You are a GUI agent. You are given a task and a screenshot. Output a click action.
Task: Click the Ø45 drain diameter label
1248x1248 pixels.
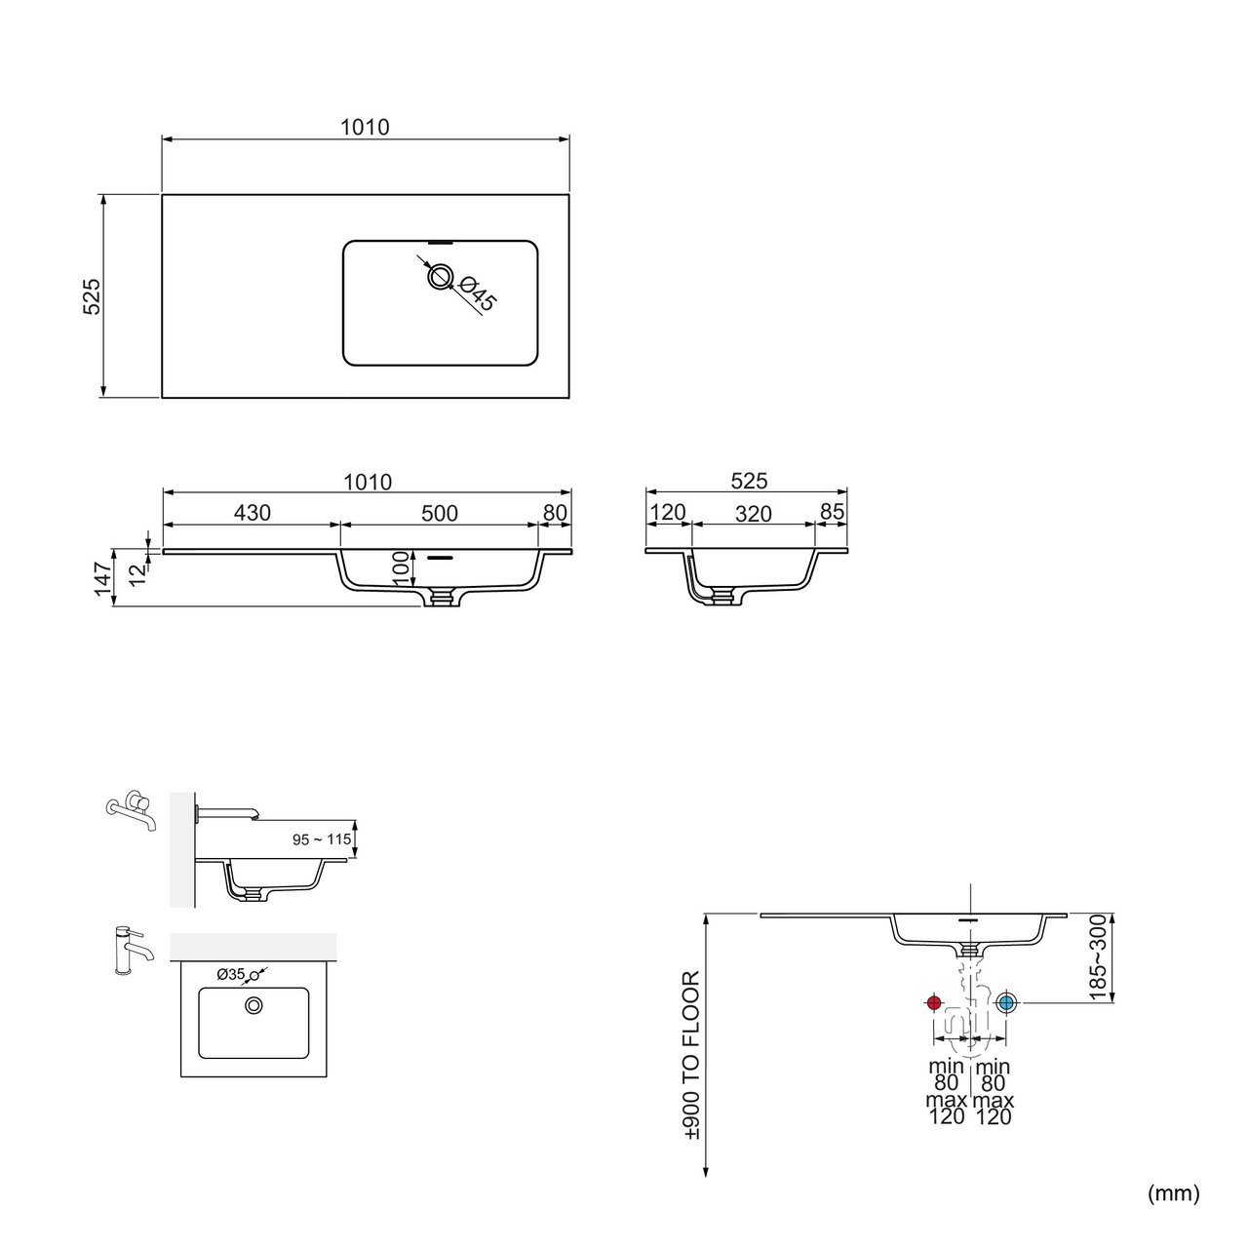click(x=478, y=294)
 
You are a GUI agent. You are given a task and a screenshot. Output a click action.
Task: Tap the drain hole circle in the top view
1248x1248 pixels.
click(x=441, y=277)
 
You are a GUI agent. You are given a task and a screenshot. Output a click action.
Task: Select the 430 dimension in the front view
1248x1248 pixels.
click(x=252, y=513)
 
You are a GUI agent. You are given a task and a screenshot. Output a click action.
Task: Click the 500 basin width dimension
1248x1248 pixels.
click(x=440, y=514)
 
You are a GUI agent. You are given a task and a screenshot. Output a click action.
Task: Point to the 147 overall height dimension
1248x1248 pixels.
click(x=102, y=579)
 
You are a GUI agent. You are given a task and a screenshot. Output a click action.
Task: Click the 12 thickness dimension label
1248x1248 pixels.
click(x=137, y=574)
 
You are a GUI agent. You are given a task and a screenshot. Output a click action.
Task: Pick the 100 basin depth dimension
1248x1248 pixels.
click(x=401, y=568)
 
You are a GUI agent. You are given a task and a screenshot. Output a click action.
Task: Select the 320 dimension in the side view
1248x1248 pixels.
click(x=754, y=514)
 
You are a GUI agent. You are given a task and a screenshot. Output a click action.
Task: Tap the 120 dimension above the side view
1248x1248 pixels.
click(x=667, y=512)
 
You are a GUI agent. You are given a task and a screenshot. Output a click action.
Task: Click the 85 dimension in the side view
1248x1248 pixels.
click(x=833, y=512)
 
